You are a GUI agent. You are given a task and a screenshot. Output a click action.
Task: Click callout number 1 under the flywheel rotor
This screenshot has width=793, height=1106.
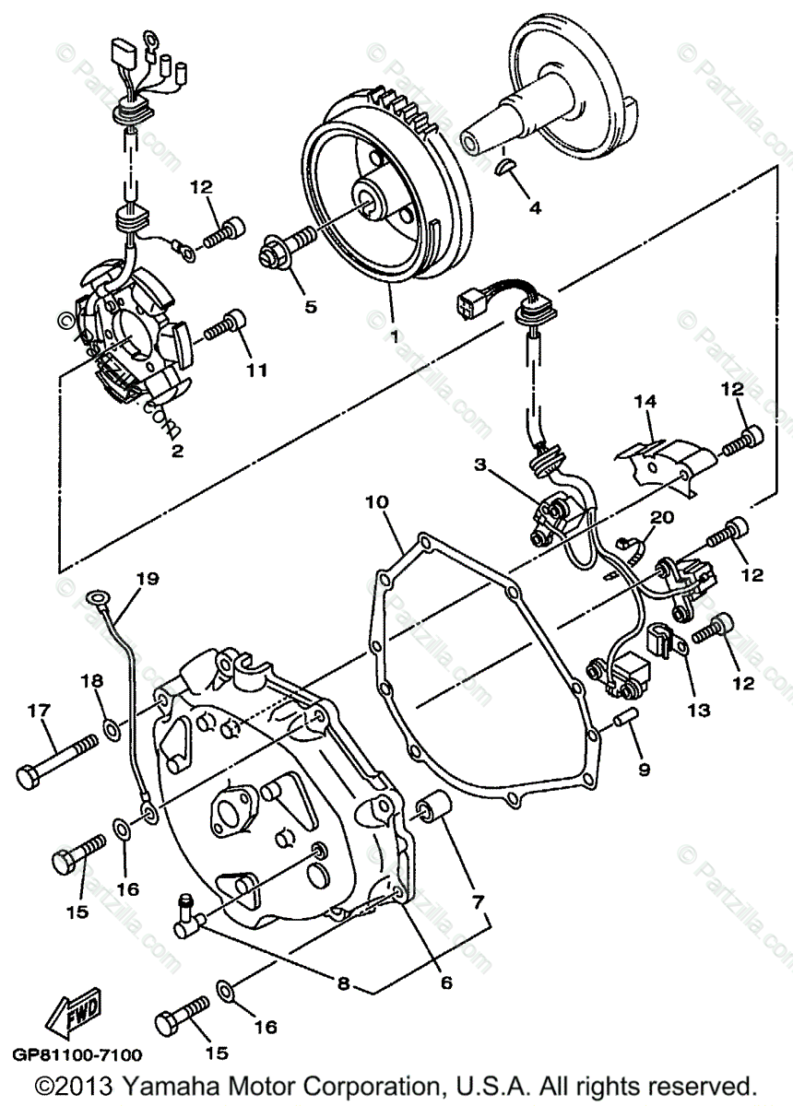coord(395,337)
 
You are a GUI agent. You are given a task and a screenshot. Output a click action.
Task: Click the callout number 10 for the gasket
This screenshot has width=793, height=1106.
coord(376,502)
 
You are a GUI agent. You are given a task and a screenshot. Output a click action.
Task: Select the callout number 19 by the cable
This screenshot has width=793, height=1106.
coord(147,580)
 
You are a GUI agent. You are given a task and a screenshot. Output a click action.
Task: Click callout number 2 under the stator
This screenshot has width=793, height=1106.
coord(177,451)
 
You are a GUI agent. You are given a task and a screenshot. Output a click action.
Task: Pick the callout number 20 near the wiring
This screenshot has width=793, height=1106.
coord(663,519)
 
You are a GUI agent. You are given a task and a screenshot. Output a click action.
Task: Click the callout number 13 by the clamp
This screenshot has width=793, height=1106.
coord(698,710)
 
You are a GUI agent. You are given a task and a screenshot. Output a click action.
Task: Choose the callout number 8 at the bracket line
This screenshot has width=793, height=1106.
coord(343,983)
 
